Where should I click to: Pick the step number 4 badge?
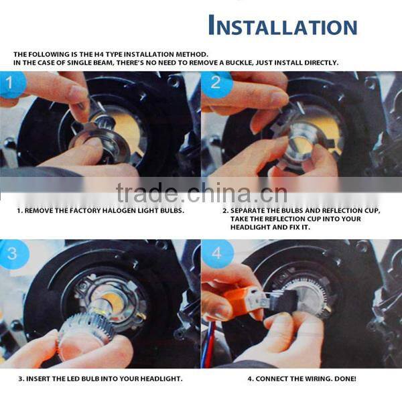click(x=217, y=254)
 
